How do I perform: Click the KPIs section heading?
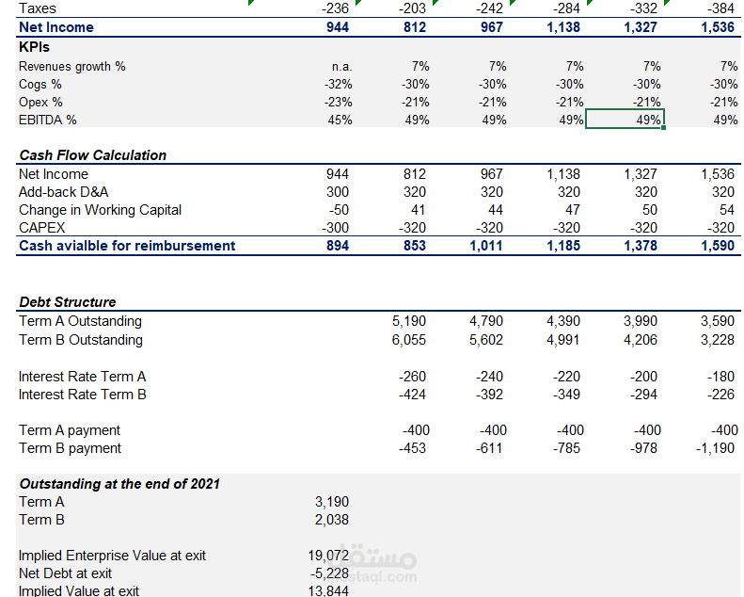34,47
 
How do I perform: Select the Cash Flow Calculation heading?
93,155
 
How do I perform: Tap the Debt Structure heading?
68,302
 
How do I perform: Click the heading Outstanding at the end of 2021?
119,484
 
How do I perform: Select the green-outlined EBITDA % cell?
625,119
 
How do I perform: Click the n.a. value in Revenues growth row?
341,67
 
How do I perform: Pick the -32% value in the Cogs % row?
339,85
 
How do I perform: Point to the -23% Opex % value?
339,102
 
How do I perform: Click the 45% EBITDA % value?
340,121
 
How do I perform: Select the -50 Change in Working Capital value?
339,210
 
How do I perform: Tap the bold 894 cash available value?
338,246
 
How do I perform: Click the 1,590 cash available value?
718,246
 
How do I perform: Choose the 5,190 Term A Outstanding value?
409,321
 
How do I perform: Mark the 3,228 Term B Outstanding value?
718,340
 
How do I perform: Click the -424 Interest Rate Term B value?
412,395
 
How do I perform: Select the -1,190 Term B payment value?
715,448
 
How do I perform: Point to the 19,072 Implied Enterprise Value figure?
328,556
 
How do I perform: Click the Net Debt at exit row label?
65,573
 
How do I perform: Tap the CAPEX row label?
41,228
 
